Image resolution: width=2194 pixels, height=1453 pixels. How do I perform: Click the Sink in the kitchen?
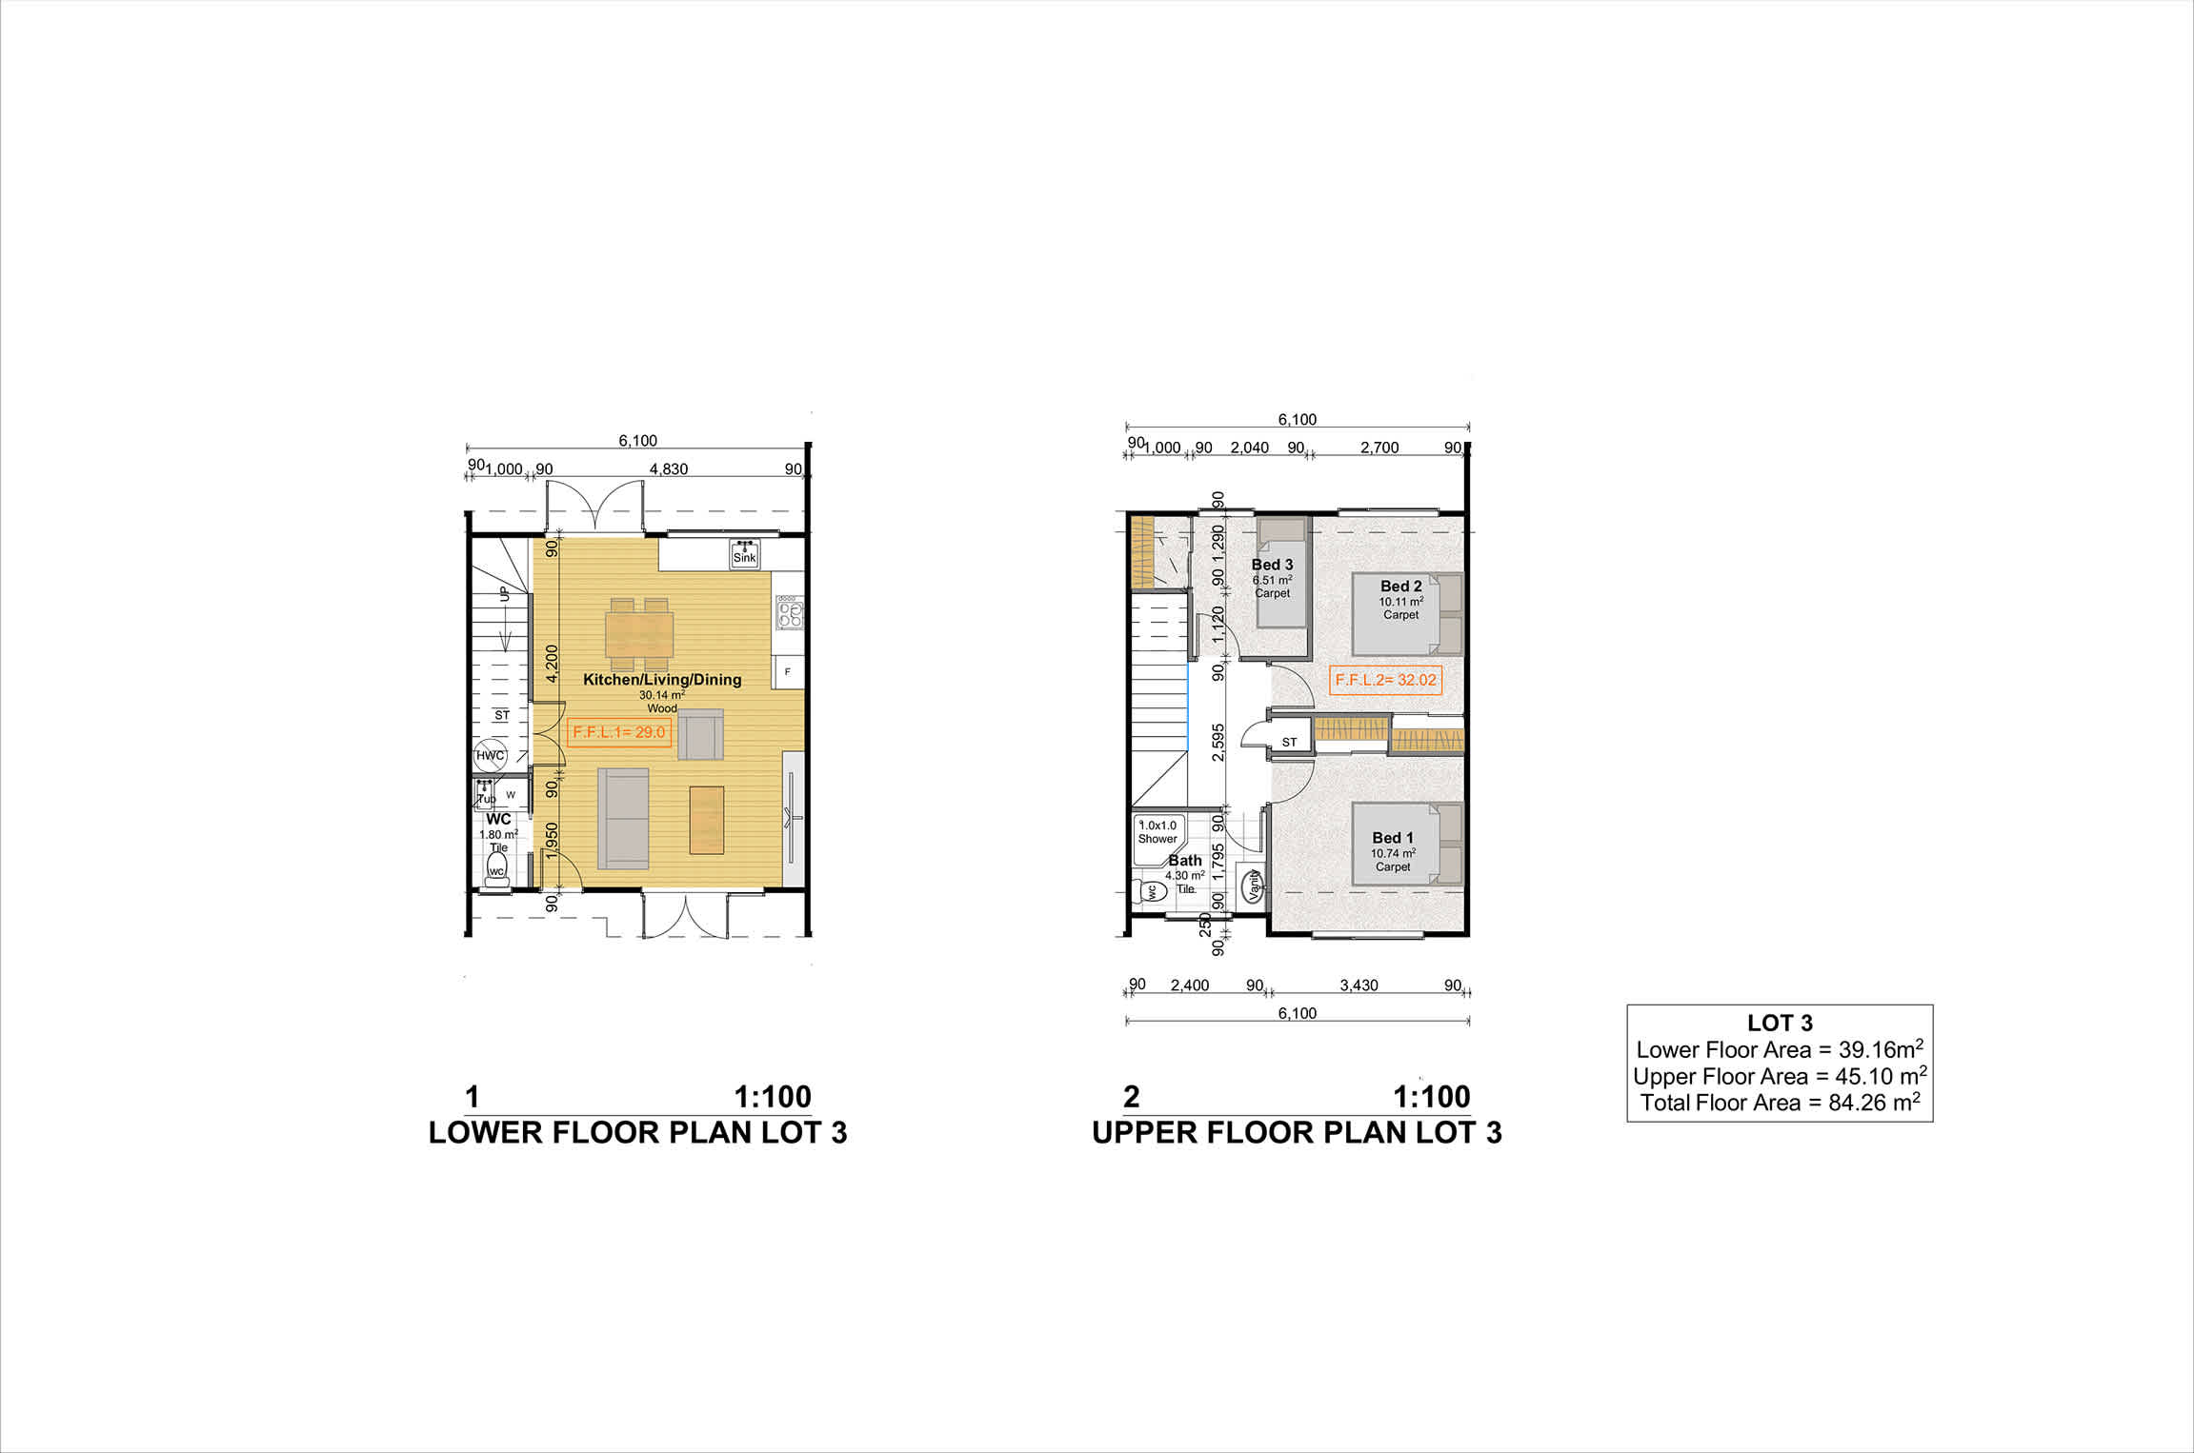coord(744,553)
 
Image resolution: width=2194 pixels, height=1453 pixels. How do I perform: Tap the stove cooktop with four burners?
coord(790,612)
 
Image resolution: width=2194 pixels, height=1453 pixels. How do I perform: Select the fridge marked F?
coord(788,671)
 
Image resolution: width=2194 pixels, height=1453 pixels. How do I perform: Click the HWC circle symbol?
coord(490,755)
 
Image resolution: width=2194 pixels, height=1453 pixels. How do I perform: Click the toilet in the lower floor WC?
coord(496,870)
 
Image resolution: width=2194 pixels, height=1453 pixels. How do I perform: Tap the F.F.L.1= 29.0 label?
coord(619,732)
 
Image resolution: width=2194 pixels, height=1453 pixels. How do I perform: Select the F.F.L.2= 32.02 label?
coord(1385,680)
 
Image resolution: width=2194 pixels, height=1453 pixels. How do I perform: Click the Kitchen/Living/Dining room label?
coord(662,679)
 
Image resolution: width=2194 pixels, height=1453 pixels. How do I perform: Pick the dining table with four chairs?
coord(639,633)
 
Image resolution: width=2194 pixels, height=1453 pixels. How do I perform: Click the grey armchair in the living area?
coord(700,734)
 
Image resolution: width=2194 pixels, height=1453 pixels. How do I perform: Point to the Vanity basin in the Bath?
coord(1253,885)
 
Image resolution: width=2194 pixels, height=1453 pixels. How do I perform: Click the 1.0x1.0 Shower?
coord(1157,840)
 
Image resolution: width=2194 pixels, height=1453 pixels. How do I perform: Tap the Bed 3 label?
coord(1272,565)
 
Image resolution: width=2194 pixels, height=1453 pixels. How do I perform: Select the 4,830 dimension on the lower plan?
coord(669,469)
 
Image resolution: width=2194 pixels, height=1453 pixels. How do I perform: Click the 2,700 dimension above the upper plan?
coord(1379,448)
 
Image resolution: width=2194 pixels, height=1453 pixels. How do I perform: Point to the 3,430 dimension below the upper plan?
coord(1359,985)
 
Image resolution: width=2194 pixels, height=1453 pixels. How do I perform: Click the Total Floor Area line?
coord(1780,1103)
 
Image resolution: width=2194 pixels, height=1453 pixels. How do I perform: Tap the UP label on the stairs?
coord(504,594)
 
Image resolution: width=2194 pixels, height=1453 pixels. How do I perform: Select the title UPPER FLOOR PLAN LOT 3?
coord(1297,1132)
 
